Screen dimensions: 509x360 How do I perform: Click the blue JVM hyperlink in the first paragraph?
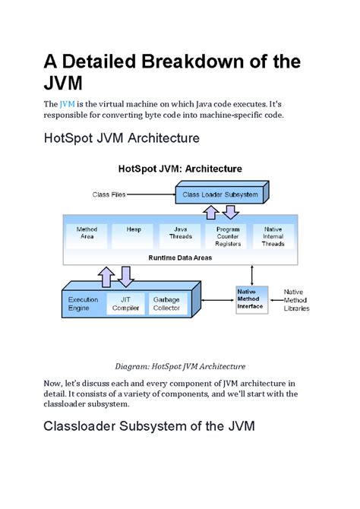[x=68, y=103]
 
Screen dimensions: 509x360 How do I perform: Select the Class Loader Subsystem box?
[x=220, y=194]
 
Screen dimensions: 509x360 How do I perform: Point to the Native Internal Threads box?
[x=273, y=236]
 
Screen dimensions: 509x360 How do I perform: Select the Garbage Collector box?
[x=166, y=304]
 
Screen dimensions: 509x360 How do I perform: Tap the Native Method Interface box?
[x=251, y=299]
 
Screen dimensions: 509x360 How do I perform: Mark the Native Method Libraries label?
[x=296, y=300]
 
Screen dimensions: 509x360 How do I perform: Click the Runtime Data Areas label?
[x=180, y=258]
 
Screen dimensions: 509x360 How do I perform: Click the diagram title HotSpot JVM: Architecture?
[x=180, y=169]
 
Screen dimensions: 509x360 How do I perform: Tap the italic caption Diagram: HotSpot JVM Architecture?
[x=180, y=365]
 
